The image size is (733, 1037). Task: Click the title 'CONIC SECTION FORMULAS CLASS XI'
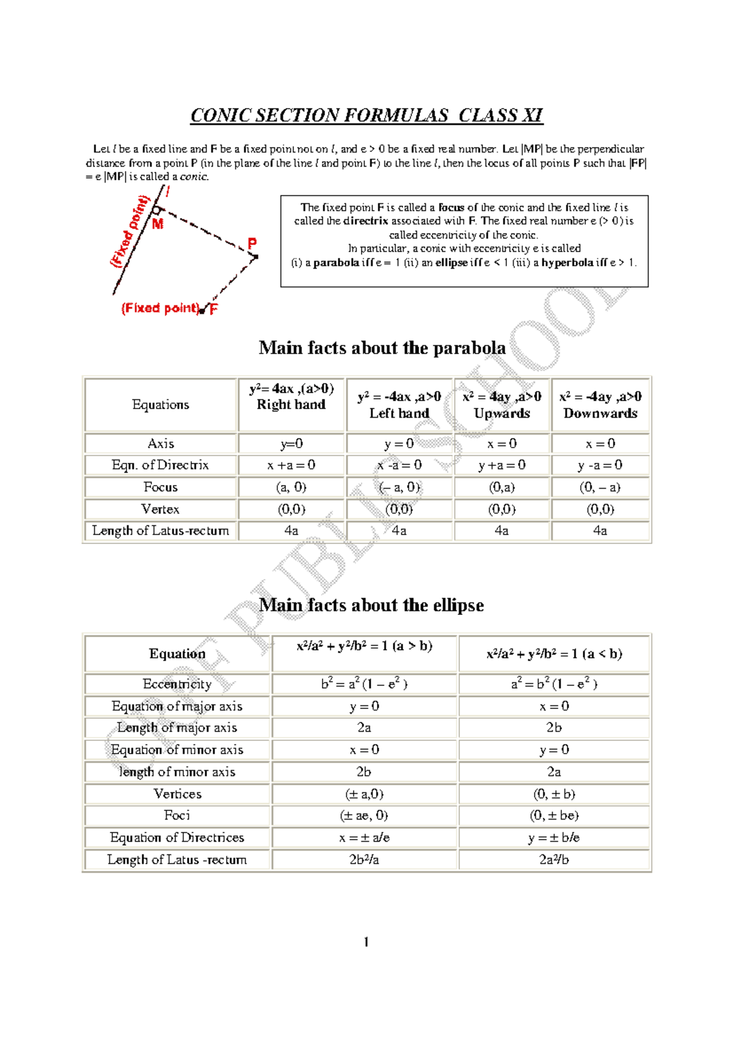click(366, 115)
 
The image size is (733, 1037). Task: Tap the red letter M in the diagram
click(158, 224)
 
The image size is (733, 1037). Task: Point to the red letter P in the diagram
click(252, 243)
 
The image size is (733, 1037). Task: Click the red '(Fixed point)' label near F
click(161, 308)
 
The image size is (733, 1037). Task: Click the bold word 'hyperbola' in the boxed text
click(567, 263)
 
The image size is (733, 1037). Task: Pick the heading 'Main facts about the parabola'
click(382, 347)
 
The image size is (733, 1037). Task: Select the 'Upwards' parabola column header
click(501, 413)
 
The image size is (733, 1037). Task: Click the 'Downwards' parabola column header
click(600, 413)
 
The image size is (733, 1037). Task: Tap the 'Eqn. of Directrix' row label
click(160, 465)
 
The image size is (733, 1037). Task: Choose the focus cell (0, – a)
click(600, 487)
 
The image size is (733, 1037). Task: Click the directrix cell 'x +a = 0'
click(291, 465)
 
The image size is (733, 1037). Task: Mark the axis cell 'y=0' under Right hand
click(291, 444)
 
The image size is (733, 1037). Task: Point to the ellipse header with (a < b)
click(554, 654)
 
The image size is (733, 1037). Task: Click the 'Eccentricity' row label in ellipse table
click(177, 684)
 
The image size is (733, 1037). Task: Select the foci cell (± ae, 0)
click(364, 815)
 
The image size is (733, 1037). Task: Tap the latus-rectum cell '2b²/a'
click(364, 859)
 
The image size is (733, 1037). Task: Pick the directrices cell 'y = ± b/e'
click(554, 837)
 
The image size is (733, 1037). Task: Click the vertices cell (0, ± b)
click(554, 794)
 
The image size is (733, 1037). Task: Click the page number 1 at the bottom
click(366, 942)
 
